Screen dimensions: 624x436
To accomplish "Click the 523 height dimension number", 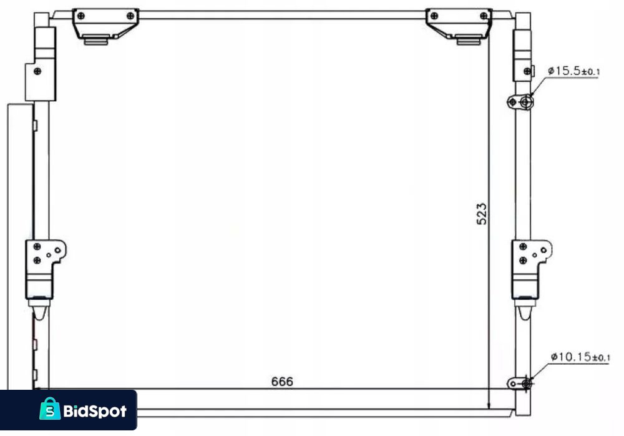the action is coord(482,214).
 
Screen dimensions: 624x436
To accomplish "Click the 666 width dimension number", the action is coord(282,382).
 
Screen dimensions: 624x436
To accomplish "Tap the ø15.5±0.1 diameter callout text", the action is coord(573,71).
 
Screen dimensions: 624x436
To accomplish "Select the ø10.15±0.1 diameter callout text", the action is coord(580,357).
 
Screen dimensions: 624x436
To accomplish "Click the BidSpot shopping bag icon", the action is coord(50,409).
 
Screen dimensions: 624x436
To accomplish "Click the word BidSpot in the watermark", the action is coord(95,411).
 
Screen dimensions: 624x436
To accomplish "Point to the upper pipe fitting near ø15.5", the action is coord(520,102).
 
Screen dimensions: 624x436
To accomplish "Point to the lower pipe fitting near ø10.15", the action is coord(520,384).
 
